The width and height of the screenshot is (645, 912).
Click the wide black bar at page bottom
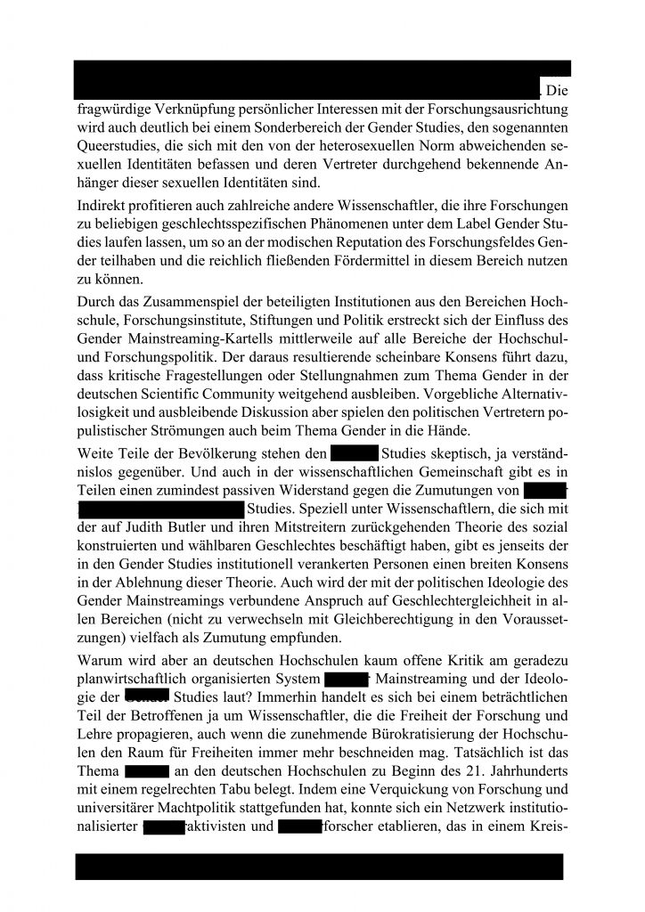point(319,867)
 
